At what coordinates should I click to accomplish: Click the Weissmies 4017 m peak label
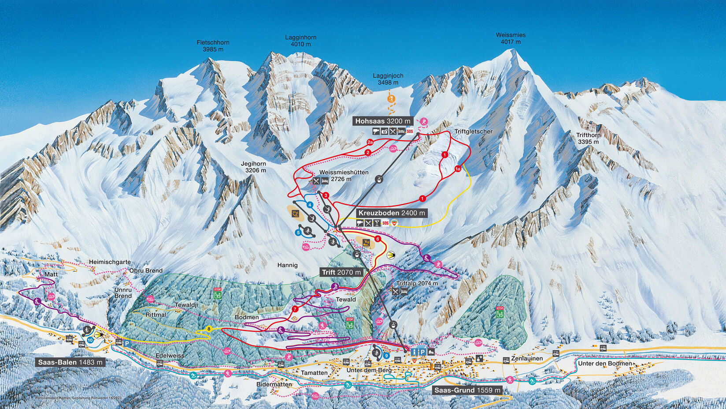coord(511,38)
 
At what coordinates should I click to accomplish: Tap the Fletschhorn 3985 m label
coord(213,46)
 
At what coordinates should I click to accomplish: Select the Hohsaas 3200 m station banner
coord(383,121)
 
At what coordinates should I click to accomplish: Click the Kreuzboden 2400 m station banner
coord(392,213)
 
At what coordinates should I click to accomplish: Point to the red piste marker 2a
coord(370,142)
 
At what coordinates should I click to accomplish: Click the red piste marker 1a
coord(458,169)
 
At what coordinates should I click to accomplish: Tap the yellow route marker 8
coord(209,329)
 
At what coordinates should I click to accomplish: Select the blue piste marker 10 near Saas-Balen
coord(90,340)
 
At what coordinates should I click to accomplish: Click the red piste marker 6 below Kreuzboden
coord(378,239)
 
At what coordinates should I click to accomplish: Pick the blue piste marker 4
coord(310,205)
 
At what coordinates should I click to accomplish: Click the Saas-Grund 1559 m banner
coord(467,390)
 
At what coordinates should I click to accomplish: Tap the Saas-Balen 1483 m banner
coord(70,362)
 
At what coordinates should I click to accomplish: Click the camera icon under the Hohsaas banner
coord(384,131)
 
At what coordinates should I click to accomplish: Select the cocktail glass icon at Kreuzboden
coord(377,223)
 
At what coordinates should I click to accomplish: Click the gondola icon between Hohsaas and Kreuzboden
coord(378,179)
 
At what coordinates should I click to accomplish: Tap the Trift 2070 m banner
coord(341,272)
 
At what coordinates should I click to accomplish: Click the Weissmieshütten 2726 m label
coord(344,175)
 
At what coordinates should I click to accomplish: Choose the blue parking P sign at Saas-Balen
coord(127,343)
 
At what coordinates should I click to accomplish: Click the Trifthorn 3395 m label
coord(588,139)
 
